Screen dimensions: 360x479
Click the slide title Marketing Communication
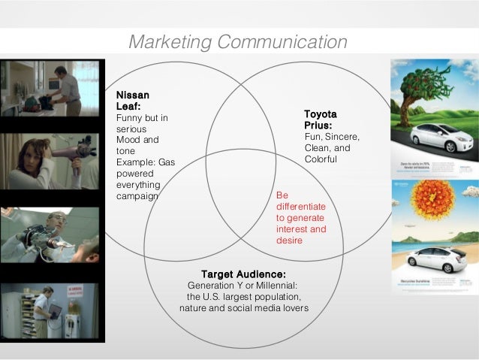(237, 42)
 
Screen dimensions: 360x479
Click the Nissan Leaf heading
(133, 101)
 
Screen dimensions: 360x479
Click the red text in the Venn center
(301, 218)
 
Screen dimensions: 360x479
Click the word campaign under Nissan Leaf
(137, 196)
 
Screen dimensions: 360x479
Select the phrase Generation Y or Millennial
(243, 286)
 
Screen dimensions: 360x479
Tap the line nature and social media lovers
(243, 308)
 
